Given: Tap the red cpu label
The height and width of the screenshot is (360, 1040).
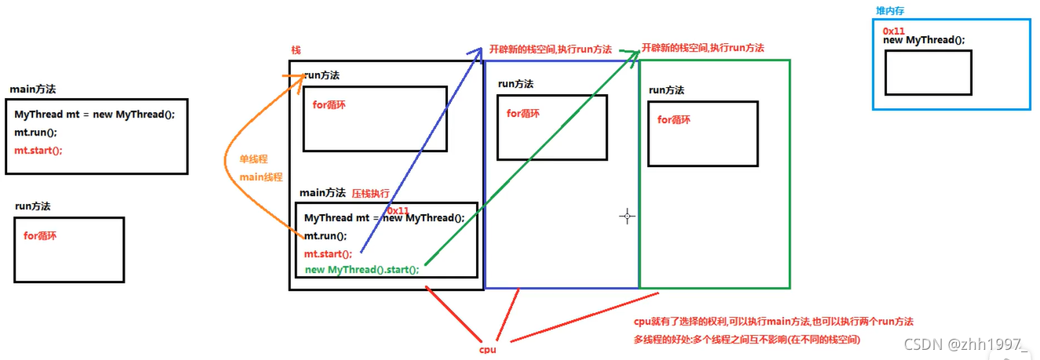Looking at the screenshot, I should (489, 349).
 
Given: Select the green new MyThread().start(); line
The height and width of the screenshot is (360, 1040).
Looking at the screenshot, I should (362, 269).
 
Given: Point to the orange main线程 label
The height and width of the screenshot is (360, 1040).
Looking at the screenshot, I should (261, 176).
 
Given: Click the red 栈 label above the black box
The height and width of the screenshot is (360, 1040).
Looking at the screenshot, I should (296, 49).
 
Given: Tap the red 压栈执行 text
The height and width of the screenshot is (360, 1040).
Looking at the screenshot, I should (370, 193).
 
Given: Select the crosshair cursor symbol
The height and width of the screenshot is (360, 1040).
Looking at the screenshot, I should (627, 216).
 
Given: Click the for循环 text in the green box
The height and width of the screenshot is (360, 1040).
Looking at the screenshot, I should (675, 120).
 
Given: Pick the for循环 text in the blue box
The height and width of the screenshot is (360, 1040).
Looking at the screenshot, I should (523, 114).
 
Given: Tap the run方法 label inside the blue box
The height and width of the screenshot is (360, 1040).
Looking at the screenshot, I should (516, 84).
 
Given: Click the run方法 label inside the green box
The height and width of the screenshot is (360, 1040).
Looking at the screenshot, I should (666, 90).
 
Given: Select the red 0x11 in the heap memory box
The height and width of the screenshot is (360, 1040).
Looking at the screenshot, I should (894, 30).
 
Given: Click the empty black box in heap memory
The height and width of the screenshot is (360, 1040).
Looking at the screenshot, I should (928, 72).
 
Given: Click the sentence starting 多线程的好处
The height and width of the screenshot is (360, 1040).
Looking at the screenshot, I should (747, 339).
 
